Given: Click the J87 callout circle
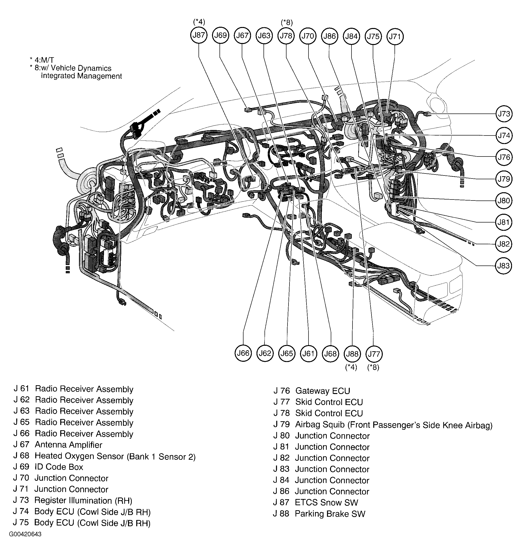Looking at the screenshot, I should click(x=199, y=35).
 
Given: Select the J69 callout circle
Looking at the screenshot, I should click(x=220, y=35).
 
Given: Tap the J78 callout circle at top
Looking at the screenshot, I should click(x=286, y=36).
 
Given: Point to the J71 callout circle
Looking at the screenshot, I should click(x=395, y=36).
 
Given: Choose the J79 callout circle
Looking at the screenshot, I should click(x=504, y=179).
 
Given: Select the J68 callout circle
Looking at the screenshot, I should click(x=330, y=354).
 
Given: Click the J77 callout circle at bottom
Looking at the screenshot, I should click(x=374, y=354).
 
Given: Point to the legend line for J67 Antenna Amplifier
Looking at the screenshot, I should click(x=58, y=445).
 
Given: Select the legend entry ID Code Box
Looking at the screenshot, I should click(x=48, y=467).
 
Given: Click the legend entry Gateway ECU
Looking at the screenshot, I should click(x=311, y=391).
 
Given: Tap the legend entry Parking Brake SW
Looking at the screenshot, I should click(x=319, y=514).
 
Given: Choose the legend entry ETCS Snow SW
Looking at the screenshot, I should click(x=315, y=502).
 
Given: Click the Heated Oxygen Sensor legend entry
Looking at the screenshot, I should click(x=104, y=456).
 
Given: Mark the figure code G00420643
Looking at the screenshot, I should click(x=25, y=534).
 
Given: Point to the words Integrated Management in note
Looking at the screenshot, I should click(x=81, y=76).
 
